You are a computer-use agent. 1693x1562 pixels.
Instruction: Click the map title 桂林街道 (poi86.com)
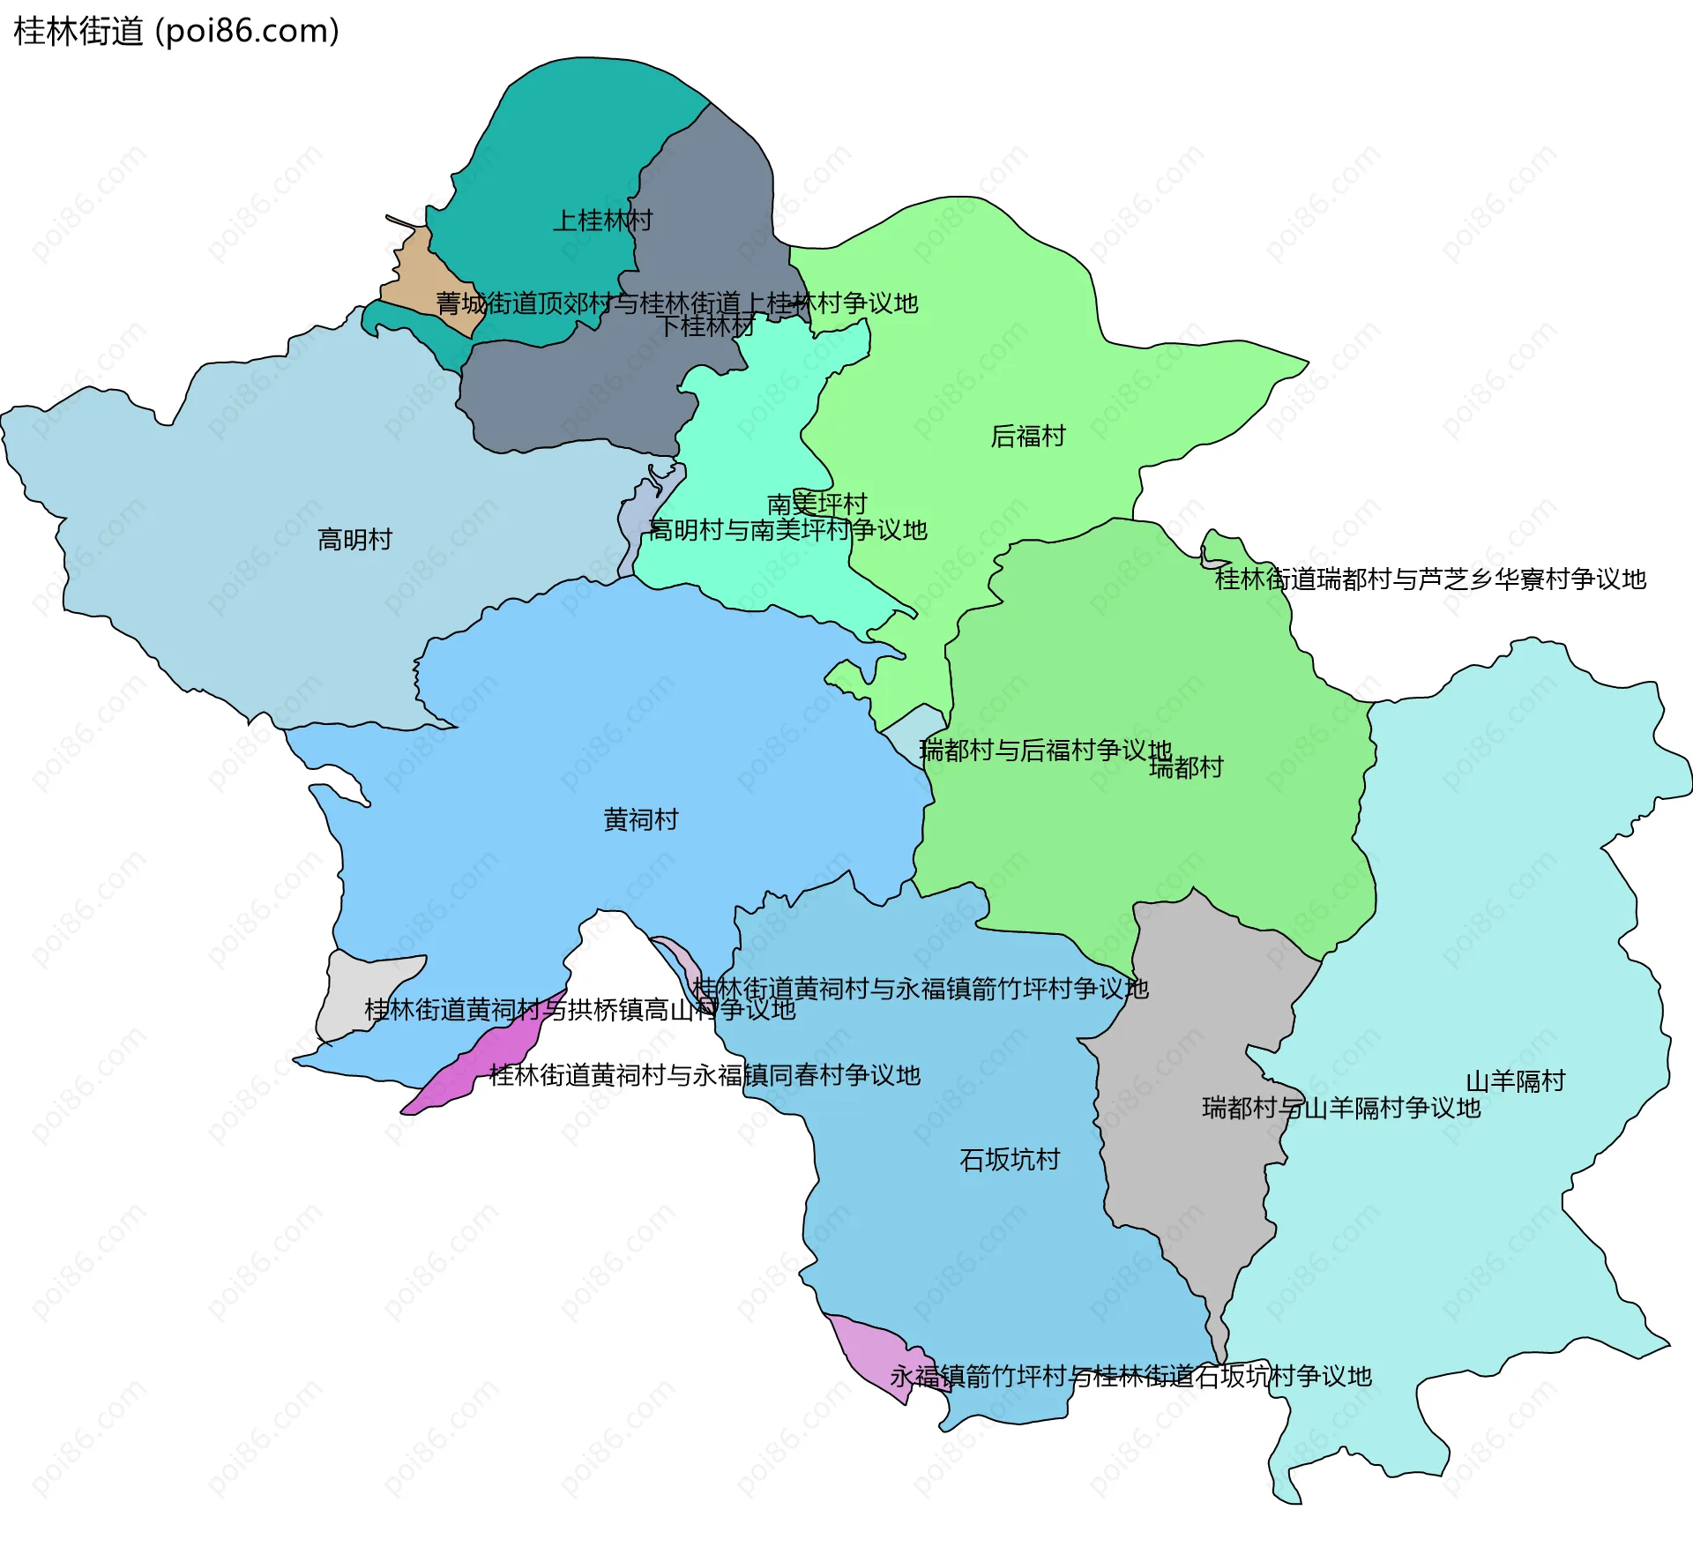[x=176, y=32]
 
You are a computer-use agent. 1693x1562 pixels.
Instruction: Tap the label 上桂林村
[x=602, y=220]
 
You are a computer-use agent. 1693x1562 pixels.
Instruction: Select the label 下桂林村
[x=707, y=326]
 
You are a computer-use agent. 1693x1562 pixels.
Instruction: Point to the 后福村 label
[x=1028, y=436]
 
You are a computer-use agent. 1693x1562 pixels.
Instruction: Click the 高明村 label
[x=354, y=539]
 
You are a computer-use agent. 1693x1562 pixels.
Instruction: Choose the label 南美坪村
[x=817, y=504]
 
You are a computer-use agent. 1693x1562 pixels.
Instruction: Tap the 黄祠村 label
[x=641, y=819]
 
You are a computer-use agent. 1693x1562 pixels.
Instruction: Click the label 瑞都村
[x=1186, y=767]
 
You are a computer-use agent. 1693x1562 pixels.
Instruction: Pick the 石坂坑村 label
[x=1010, y=1159]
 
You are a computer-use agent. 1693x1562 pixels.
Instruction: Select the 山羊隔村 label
[x=1515, y=1080]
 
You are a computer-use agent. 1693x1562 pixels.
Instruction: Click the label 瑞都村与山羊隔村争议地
[x=1341, y=1108]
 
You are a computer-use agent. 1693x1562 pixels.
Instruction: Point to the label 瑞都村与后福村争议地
[x=1045, y=750]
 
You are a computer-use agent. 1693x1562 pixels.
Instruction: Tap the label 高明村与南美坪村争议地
[x=788, y=530]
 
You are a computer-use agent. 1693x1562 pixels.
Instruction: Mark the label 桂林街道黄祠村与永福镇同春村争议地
[x=705, y=1075]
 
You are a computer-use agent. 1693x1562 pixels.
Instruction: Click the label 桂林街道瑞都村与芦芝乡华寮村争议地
[x=1430, y=579]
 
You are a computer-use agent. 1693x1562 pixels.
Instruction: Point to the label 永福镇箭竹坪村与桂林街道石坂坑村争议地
[x=1130, y=1376]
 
